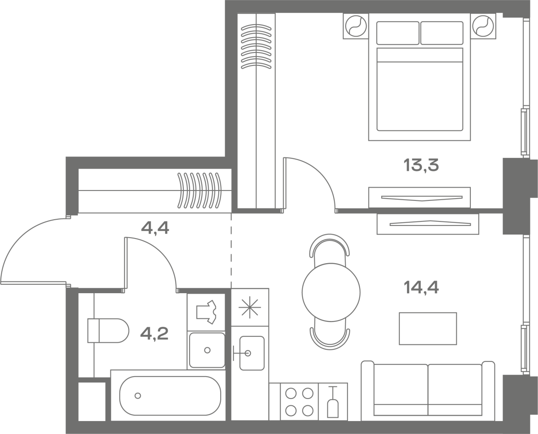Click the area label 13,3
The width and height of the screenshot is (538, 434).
[x=421, y=165]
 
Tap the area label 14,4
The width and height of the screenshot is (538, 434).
[x=421, y=287]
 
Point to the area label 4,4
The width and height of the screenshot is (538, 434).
[x=155, y=229]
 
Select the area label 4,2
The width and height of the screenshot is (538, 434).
[x=154, y=334]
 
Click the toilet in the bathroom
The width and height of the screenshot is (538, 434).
[x=108, y=330]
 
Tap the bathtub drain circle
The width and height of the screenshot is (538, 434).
[x=138, y=396]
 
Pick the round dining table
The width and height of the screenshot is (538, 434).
[x=331, y=292]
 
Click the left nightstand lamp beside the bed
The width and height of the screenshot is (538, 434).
[x=356, y=26]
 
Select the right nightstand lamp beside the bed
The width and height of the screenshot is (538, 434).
[x=483, y=26]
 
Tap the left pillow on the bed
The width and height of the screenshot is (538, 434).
[x=398, y=33]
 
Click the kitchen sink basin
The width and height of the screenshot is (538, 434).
[x=252, y=353]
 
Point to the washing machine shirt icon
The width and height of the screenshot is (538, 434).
[x=207, y=312]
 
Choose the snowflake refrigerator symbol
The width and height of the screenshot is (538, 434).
[x=250, y=307]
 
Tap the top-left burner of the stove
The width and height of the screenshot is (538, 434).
[x=291, y=394]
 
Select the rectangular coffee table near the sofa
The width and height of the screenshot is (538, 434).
[x=428, y=329]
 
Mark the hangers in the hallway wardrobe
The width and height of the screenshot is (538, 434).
[x=200, y=191]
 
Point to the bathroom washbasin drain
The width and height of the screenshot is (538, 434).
[x=207, y=350]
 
